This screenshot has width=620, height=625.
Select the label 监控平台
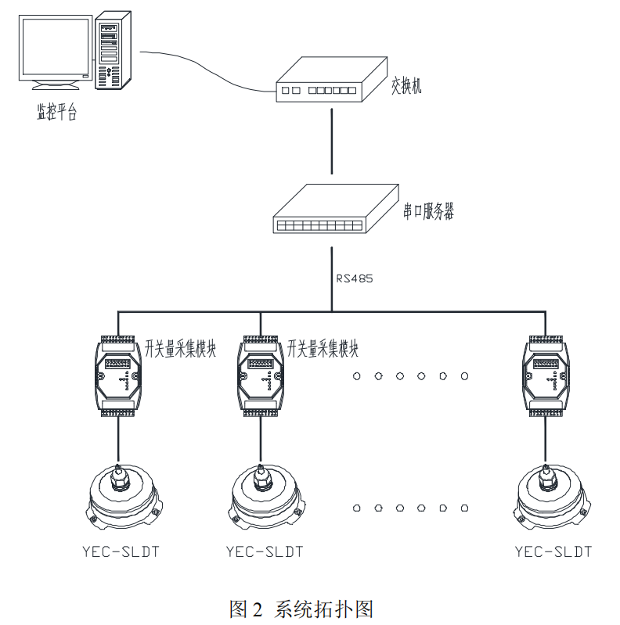point(57,112)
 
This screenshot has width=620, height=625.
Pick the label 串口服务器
point(429,212)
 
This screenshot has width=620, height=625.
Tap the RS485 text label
point(355,278)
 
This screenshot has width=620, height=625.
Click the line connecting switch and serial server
point(332,141)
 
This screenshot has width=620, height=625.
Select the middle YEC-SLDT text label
point(264,551)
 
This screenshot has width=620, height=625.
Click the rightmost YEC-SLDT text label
point(553,551)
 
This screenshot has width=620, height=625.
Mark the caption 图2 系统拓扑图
point(300,609)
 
